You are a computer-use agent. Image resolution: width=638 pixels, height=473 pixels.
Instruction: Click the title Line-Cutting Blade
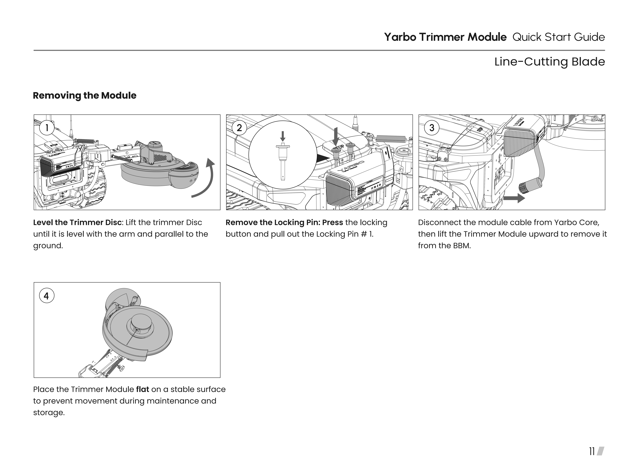click(x=549, y=62)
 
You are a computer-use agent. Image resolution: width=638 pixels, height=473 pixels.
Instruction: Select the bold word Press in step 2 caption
click(x=332, y=222)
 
